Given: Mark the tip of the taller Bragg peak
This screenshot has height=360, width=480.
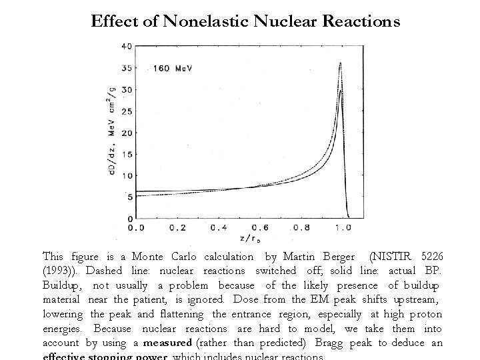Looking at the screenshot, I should tap(341, 63).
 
